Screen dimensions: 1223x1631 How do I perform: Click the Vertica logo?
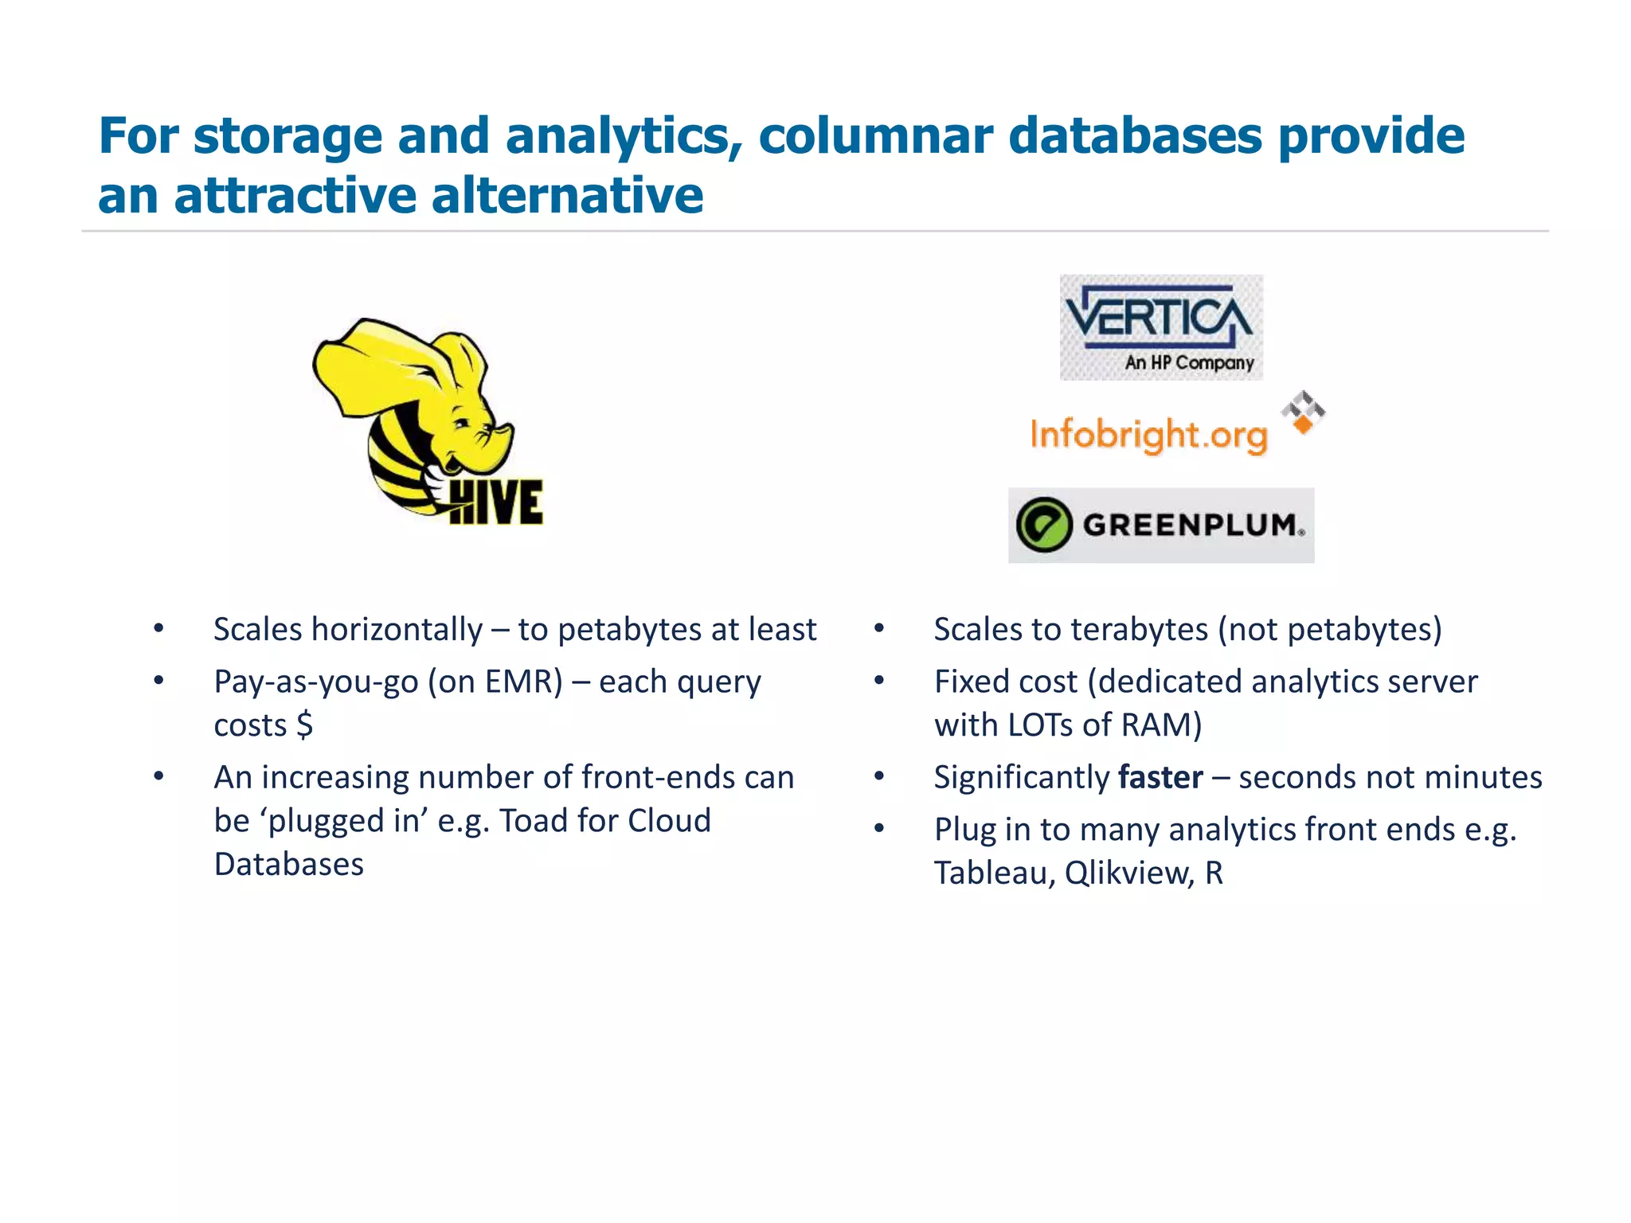click(x=1160, y=326)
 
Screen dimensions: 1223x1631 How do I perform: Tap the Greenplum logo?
click(x=1160, y=525)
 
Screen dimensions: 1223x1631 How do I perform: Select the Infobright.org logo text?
click(x=1148, y=435)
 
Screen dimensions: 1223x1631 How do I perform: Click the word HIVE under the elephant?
click(x=495, y=502)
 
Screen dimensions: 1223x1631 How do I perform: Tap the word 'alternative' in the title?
click(x=567, y=195)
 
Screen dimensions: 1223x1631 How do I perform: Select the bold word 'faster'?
click(x=1160, y=777)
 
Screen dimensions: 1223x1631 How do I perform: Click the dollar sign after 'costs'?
click(x=304, y=725)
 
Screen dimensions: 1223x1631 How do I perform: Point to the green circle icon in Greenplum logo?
click(x=1043, y=525)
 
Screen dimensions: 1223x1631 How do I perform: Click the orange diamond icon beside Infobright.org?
click(x=1303, y=424)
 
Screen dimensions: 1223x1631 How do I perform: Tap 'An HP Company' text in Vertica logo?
click(x=1189, y=363)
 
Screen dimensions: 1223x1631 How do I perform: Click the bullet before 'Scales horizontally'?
click(x=159, y=629)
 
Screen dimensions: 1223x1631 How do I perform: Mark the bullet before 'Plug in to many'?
click(x=879, y=829)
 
